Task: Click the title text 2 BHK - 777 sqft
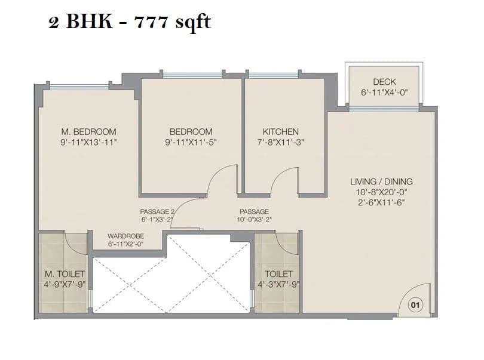point(129,23)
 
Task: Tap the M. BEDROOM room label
point(88,132)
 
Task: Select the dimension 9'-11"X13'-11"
point(88,143)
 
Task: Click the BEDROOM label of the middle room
point(191,132)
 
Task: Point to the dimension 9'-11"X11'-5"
point(191,143)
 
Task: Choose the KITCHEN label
point(280,132)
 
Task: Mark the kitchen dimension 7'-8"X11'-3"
point(280,143)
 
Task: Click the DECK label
point(384,82)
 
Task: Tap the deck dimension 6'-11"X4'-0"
point(384,93)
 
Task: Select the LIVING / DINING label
point(381,181)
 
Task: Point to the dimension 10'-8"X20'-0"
point(381,192)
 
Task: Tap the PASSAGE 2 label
point(157,211)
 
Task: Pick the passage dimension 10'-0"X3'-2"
point(254,219)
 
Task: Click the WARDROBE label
point(126,236)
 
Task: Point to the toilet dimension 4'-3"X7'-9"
point(278,285)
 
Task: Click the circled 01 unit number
point(415,305)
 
